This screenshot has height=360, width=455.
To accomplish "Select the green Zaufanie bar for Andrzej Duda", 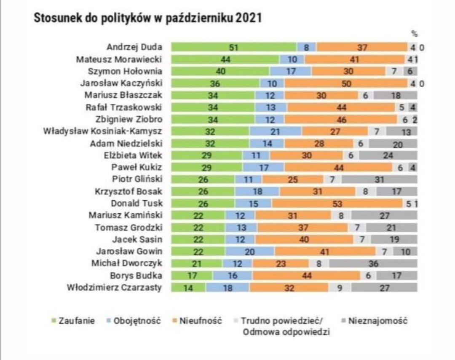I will coord(233,48).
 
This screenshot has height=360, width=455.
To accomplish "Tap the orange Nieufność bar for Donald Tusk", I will coord(337,204).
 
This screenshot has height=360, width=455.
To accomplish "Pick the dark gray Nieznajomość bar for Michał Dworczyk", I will coord(373,264).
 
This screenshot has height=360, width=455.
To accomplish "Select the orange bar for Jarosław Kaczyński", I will coord(346,83).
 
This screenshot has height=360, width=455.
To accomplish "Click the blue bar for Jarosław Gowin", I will coord(250,252).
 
